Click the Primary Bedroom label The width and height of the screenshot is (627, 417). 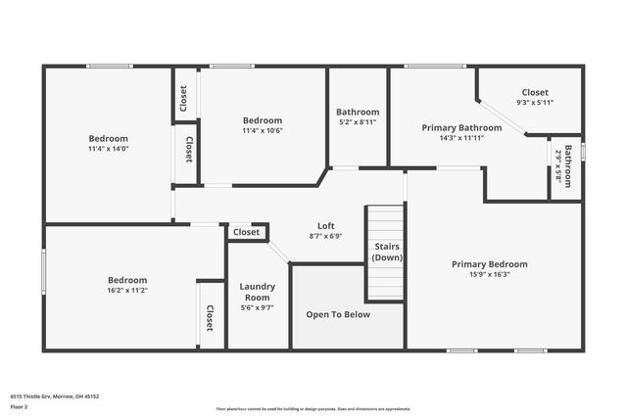pyautogui.click(x=489, y=264)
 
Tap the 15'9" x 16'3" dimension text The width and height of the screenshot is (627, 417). pyautogui.click(x=489, y=275)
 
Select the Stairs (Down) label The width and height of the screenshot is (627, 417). pyautogui.click(x=386, y=252)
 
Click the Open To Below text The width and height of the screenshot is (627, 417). pyautogui.click(x=338, y=314)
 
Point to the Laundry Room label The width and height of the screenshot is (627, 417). pyautogui.click(x=257, y=292)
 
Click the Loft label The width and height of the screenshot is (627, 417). pyautogui.click(x=325, y=225)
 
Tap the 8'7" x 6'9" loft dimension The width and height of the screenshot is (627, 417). pyautogui.click(x=325, y=236)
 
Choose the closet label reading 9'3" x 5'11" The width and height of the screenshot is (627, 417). pyautogui.click(x=534, y=102)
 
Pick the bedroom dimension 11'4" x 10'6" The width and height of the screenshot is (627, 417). pyautogui.click(x=262, y=131)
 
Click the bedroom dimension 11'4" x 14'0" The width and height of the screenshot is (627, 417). pyautogui.click(x=108, y=150)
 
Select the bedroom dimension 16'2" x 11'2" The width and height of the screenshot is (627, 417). pyautogui.click(x=127, y=291)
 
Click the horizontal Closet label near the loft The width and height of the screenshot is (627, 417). pyautogui.click(x=247, y=232)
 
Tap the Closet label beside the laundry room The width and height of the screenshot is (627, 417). pyautogui.click(x=210, y=317)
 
